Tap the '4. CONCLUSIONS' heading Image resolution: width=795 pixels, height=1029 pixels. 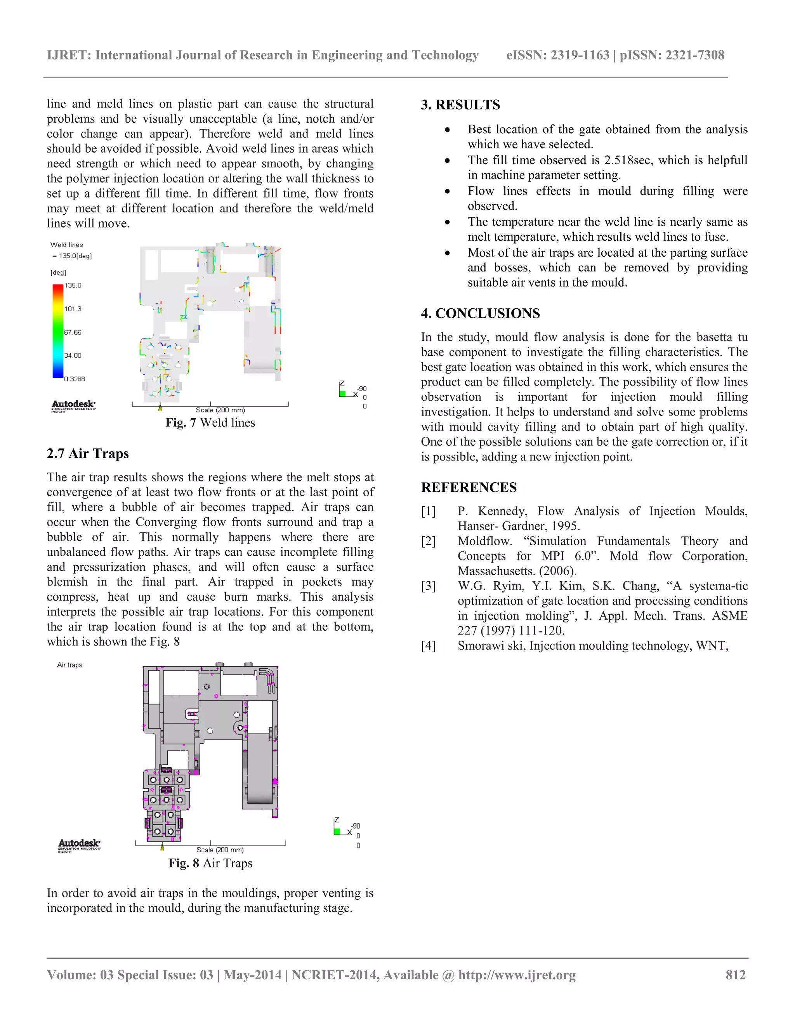[481, 313]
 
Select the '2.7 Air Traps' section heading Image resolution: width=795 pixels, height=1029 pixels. [88, 453]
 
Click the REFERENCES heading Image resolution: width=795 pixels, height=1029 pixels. [469, 487]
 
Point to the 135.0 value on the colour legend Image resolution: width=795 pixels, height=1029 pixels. [73, 285]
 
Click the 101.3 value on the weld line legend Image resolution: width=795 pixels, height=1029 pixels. [73, 309]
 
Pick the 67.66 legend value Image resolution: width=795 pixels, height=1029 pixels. [73, 333]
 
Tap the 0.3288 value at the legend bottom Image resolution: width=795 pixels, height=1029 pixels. [75, 379]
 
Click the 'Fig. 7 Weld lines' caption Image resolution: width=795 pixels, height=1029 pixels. [210, 422]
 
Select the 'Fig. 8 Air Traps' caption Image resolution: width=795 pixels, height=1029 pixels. [210, 863]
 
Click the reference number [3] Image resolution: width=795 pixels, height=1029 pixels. [428, 586]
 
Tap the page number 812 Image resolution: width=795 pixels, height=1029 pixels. [735, 975]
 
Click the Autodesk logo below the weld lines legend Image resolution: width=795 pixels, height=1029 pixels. [73, 406]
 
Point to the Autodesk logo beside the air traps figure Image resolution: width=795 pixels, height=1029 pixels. [79, 845]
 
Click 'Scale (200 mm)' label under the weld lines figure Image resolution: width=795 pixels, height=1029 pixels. [220, 410]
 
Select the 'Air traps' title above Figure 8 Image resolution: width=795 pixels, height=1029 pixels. [70, 665]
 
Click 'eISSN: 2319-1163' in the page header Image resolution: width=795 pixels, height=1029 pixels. [558, 55]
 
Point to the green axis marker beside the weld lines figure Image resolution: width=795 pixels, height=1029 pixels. [342, 393]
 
